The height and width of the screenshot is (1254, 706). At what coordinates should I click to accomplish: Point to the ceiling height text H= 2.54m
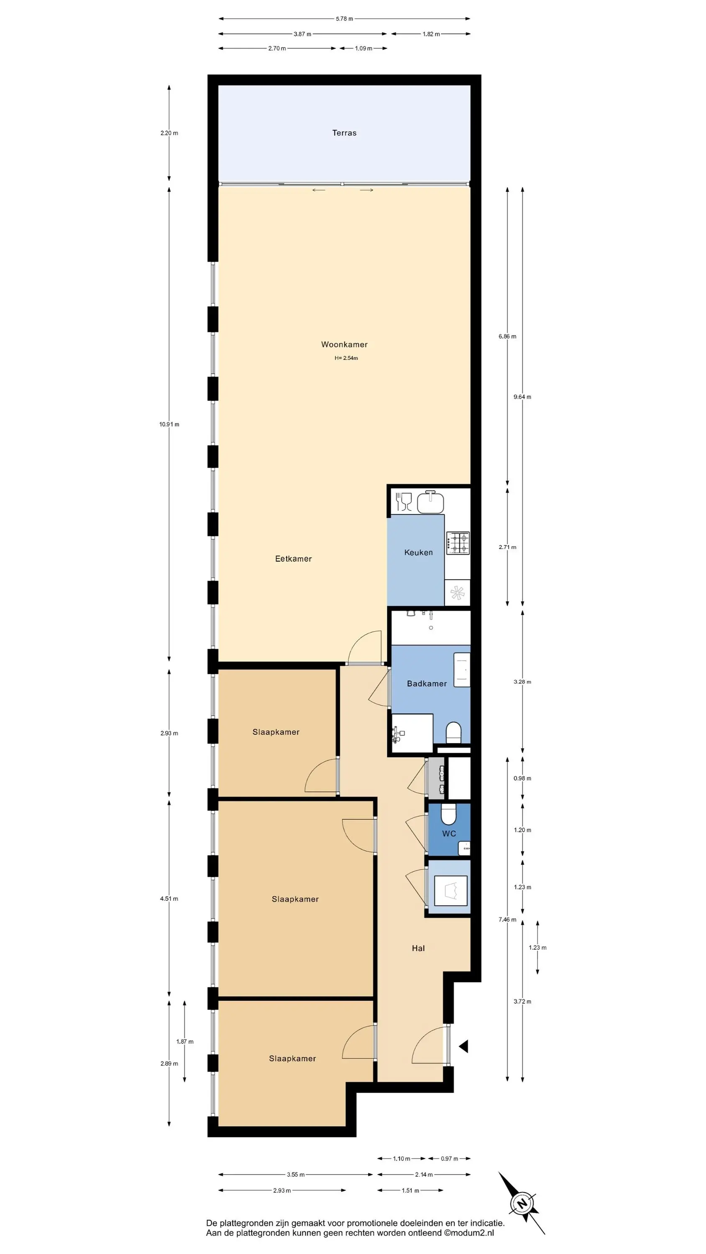point(346,358)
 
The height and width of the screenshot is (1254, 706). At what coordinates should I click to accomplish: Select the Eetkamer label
point(293,559)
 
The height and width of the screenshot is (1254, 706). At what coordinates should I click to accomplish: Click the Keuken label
point(419,553)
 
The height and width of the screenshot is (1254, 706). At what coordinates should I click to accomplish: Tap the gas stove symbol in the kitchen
point(458,543)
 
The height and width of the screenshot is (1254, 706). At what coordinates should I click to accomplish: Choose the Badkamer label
point(427,683)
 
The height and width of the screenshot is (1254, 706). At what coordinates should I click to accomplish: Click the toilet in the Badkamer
point(454,733)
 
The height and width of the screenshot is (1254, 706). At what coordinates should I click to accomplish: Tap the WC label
point(449,833)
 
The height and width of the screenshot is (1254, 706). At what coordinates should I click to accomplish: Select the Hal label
point(418,948)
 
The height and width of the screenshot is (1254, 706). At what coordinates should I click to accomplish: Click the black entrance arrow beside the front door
point(463,1046)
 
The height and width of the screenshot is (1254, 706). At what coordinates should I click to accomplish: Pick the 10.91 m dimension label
point(169,425)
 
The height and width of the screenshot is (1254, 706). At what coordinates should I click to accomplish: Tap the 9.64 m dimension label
point(522,397)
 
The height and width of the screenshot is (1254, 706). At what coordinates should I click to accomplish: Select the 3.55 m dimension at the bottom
point(295,1175)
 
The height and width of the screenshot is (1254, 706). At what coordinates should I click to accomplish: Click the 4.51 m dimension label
point(169,899)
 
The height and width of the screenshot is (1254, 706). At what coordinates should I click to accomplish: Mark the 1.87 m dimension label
point(185,1042)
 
